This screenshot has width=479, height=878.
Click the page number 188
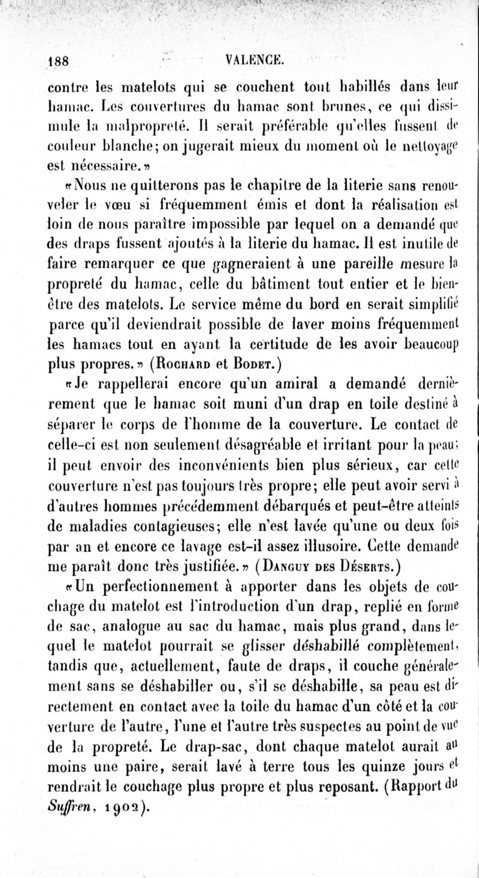tap(59, 60)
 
